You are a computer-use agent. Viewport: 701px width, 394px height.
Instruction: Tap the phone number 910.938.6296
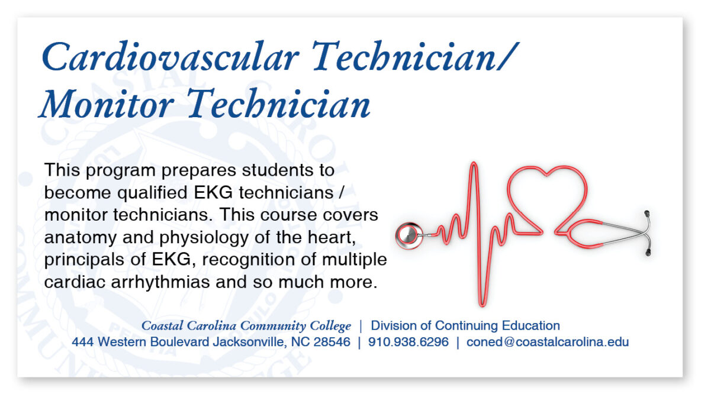(x=409, y=342)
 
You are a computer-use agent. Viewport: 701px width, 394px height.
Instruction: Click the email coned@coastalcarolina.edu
(x=548, y=342)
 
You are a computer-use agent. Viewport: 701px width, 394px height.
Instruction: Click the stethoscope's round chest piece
(x=407, y=235)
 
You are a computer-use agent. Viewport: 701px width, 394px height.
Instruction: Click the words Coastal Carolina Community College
(x=246, y=326)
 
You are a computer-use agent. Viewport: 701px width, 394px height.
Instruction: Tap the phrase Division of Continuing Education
(x=465, y=325)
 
